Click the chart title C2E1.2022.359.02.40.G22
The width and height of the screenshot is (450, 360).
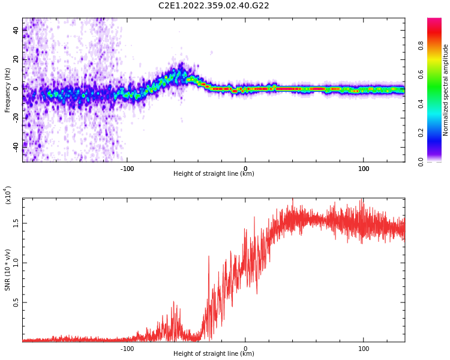[214, 6]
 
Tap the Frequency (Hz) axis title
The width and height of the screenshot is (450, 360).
[8, 90]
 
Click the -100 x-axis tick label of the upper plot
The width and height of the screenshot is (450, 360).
[127, 169]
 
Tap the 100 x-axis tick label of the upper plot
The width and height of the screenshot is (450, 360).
[364, 169]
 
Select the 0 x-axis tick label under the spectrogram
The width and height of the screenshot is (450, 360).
[245, 169]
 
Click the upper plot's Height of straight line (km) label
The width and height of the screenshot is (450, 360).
[214, 174]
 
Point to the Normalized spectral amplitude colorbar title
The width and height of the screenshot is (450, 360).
[446, 90]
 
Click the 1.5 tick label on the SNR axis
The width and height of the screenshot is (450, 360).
[16, 223]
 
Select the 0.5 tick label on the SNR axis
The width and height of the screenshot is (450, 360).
[16, 302]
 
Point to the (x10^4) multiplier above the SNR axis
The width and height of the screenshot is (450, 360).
[8, 195]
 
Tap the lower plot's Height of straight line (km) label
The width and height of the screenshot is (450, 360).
[214, 354]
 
